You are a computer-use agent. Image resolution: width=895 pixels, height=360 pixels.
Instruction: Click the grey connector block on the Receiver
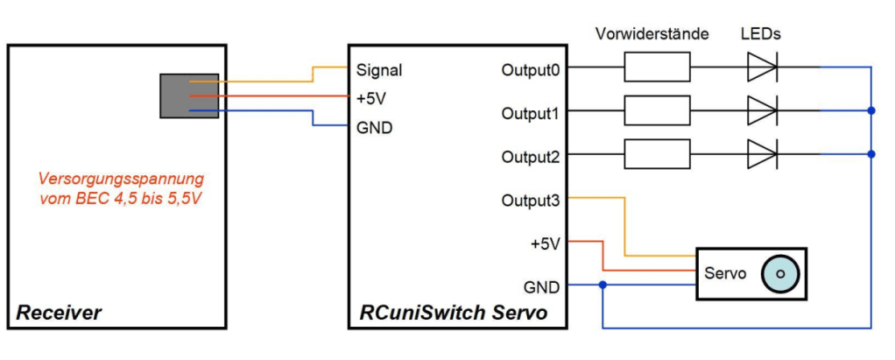(x=188, y=95)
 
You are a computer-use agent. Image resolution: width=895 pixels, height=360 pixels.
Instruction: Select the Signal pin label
(x=379, y=70)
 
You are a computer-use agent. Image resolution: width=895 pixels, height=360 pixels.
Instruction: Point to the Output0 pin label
(x=530, y=69)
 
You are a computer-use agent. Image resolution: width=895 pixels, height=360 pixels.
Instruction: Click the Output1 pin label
(x=530, y=113)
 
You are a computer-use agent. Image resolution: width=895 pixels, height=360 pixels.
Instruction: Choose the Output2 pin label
(x=530, y=157)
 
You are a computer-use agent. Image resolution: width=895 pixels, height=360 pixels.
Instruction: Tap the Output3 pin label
(x=530, y=201)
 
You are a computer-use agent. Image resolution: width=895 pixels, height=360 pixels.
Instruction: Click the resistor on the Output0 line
(x=657, y=67)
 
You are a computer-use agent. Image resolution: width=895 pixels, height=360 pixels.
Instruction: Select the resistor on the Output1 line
(x=657, y=111)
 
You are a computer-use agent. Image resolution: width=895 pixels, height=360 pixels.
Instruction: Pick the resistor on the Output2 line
(x=657, y=154)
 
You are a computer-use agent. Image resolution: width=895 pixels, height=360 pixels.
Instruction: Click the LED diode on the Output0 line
(x=762, y=67)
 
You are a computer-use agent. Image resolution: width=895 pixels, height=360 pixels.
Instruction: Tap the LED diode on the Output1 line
(x=762, y=111)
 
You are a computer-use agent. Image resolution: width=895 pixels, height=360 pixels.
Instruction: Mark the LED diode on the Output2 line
(x=762, y=154)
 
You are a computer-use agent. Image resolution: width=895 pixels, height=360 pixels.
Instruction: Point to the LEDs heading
(x=760, y=35)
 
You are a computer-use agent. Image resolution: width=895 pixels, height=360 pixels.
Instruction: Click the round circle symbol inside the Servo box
(x=780, y=274)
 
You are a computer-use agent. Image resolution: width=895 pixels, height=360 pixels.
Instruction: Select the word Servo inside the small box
(x=725, y=274)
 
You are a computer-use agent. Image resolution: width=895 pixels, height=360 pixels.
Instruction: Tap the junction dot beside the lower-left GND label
(x=603, y=285)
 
